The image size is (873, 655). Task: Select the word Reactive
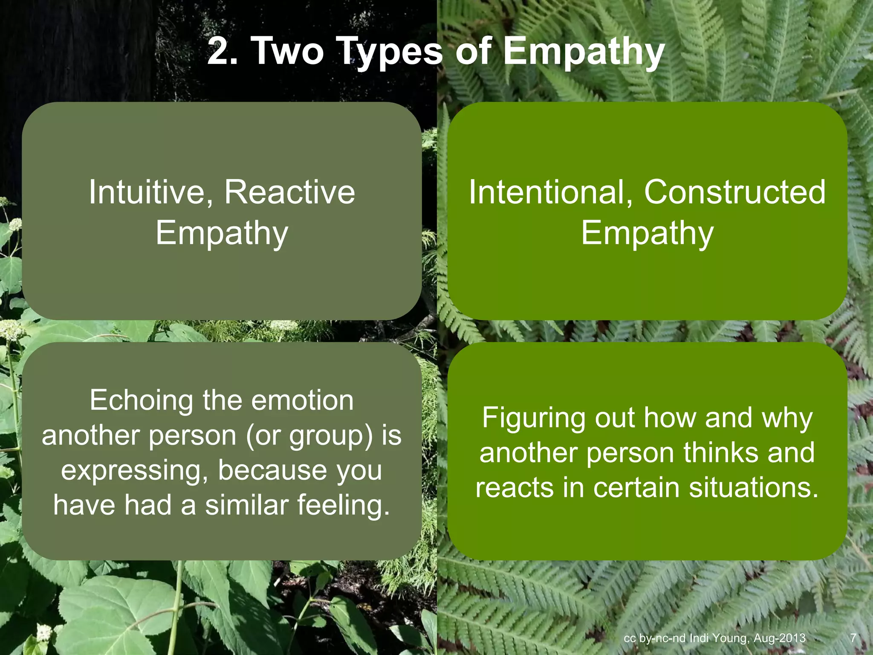pyautogui.click(x=289, y=192)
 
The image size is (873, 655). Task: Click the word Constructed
pyautogui.click(x=734, y=192)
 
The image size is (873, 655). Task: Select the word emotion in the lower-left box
pyautogui.click(x=302, y=401)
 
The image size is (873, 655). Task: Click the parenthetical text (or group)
pyautogui.click(x=309, y=436)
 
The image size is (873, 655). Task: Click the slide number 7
pyautogui.click(x=853, y=638)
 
